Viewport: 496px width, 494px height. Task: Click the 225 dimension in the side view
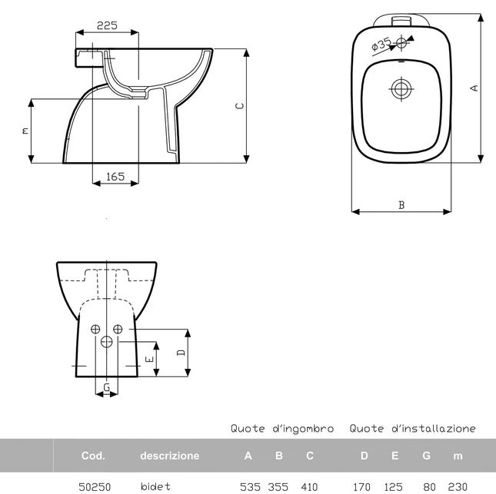pos(107,25)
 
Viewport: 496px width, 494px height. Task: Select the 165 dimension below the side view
pos(115,177)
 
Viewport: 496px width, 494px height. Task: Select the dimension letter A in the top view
pos(474,88)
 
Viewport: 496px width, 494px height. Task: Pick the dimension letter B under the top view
pos(401,204)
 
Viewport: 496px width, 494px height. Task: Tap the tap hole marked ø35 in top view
pos(401,44)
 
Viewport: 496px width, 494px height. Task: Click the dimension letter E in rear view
pos(150,358)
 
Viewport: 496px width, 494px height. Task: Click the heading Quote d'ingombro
pos(281,429)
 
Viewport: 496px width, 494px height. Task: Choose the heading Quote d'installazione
pos(412,429)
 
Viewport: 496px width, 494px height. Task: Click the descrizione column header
pos(169,456)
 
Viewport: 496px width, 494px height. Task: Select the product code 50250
pos(95,486)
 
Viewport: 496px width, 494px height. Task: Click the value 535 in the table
pos(251,486)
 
